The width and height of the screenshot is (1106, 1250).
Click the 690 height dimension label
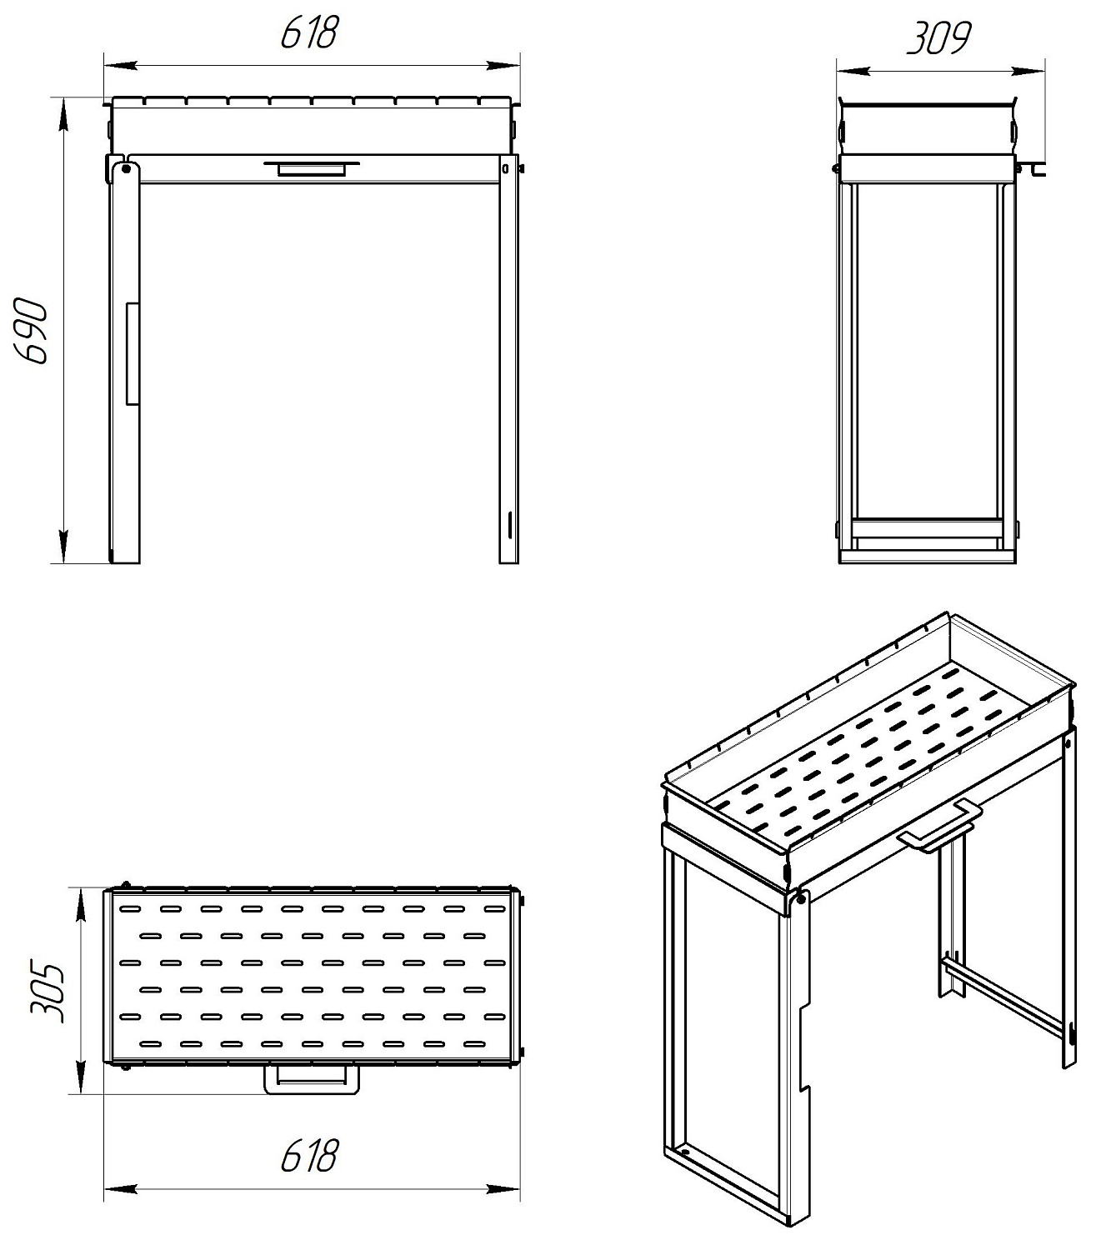tap(32, 332)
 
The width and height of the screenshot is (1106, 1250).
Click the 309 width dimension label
tap(939, 38)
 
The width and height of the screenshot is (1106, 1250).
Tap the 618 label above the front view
tap(310, 32)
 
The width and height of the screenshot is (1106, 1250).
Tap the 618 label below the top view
tap(310, 1156)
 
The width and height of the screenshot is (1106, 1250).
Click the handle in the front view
tap(312, 167)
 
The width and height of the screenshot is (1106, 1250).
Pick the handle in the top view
tap(312, 1080)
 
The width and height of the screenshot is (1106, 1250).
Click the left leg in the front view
tap(125, 361)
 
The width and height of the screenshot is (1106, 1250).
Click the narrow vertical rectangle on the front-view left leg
tap(132, 353)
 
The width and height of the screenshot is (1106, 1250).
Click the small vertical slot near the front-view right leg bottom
tap(510, 525)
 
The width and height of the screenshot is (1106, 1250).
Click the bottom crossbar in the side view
tap(927, 528)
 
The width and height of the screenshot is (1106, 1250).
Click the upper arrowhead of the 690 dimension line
tap(63, 115)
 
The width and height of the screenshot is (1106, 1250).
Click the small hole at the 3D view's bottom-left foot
tap(683, 1153)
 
